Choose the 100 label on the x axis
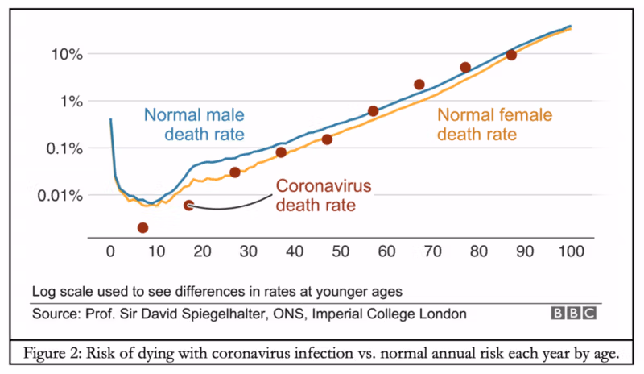coord(570,251)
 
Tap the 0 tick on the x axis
coord(110,251)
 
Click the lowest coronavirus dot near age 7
coord(142,228)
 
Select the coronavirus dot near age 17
coord(188,206)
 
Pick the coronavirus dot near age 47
coord(327,139)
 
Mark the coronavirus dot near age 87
coord(511,55)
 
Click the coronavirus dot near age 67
coord(419,85)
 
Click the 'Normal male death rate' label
coord(194,123)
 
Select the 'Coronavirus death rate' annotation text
coord(324,195)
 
